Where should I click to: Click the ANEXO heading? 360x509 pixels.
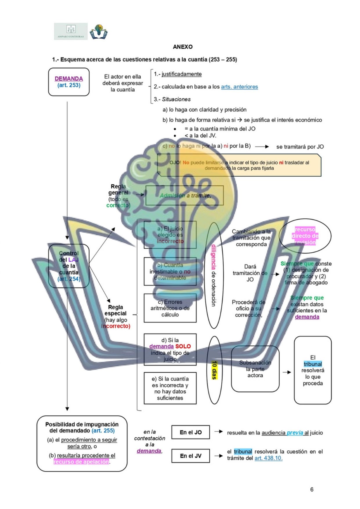(182, 47)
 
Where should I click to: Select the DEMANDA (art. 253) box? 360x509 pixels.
(69, 82)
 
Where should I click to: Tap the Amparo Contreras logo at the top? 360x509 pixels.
(70, 31)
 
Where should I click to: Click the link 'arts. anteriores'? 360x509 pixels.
(239, 87)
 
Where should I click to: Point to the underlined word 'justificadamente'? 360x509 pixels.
(182, 74)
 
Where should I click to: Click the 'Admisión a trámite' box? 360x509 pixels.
(184, 195)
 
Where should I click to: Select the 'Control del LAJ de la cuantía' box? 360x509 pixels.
(69, 266)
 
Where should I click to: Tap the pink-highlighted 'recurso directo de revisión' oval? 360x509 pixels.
(305, 236)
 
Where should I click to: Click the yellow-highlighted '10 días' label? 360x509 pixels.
(214, 370)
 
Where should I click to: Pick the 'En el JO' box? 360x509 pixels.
(191, 432)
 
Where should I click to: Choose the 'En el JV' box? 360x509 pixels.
(191, 456)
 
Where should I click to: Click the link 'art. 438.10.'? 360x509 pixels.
(268, 458)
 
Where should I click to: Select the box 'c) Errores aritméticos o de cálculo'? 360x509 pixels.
(170, 308)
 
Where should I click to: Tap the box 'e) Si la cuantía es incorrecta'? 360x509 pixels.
(170, 388)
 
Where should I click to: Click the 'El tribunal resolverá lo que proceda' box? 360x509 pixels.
(312, 370)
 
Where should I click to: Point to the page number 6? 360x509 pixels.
(312, 489)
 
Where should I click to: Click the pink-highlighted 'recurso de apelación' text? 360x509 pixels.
(81, 462)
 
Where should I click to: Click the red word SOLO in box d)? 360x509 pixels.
(183, 346)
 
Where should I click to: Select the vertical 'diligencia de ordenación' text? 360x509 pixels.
(214, 275)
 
